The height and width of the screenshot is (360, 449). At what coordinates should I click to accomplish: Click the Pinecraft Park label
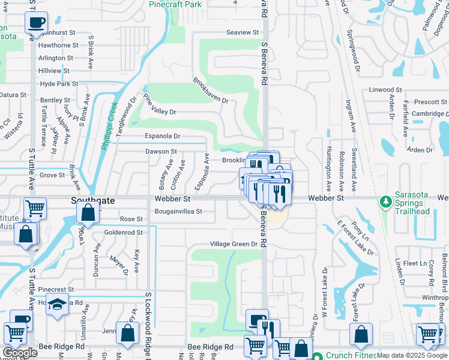click(x=175, y=4)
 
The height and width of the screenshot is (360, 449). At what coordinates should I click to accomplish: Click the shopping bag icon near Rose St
click(x=88, y=213)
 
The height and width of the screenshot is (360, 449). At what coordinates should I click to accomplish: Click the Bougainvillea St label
click(x=178, y=211)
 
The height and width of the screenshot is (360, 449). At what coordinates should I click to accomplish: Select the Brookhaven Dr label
click(x=211, y=90)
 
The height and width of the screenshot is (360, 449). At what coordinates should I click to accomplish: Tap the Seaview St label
click(x=242, y=32)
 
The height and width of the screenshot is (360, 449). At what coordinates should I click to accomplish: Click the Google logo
click(x=20, y=353)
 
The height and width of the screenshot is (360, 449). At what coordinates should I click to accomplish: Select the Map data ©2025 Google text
click(x=412, y=355)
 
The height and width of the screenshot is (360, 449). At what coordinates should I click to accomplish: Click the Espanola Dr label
click(x=162, y=137)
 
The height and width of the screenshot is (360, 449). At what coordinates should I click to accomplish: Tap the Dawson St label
click(x=161, y=152)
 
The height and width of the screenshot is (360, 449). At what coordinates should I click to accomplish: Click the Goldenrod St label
click(x=123, y=232)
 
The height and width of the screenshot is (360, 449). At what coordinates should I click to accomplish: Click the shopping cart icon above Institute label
click(x=35, y=208)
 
